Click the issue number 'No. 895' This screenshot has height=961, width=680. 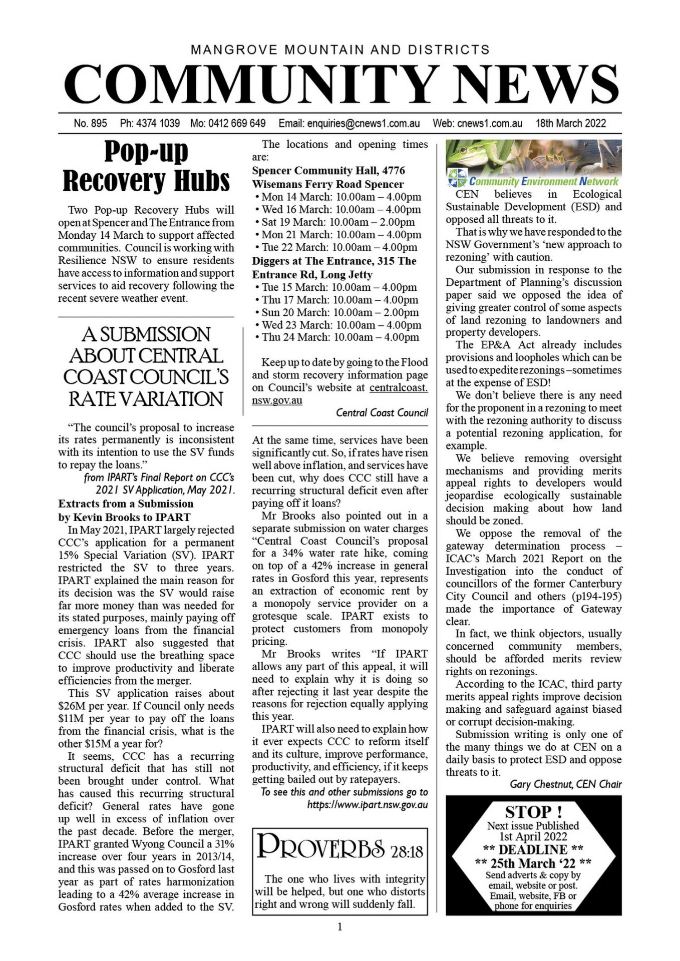coord(90,123)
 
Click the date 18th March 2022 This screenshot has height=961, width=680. coord(570,123)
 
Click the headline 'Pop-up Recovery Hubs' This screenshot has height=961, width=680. coord(146,166)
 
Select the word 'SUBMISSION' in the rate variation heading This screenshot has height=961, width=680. coord(146,334)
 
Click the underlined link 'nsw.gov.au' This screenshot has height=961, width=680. coord(277,400)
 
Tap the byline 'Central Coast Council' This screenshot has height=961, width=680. coord(382,412)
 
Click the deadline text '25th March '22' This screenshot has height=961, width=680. coord(533,863)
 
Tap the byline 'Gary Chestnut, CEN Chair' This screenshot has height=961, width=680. coord(565,784)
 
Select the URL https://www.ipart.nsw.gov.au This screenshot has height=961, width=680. coord(368,805)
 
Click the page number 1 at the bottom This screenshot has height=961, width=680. coord(340,927)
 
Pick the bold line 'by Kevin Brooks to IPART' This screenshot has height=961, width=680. coord(124,517)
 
